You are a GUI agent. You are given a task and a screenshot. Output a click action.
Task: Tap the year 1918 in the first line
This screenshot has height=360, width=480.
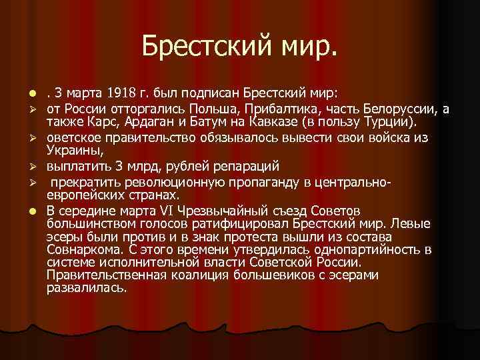coord(117,91)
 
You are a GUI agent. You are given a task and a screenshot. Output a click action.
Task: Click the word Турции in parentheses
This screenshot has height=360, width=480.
coord(397,122)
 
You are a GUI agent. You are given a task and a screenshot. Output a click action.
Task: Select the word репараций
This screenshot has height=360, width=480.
coord(249,165)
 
